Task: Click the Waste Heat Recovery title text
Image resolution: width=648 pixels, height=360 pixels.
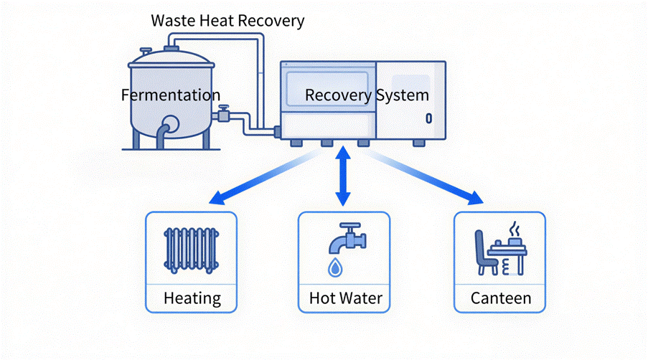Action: coord(227,20)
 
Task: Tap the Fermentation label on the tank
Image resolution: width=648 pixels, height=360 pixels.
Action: coord(171,95)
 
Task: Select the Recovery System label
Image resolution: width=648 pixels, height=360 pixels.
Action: coord(367,95)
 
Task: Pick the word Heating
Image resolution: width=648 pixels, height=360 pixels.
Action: coord(192,298)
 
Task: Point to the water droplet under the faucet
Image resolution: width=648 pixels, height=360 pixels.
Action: coord(335,267)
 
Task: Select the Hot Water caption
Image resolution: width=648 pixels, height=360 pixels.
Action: coord(346,298)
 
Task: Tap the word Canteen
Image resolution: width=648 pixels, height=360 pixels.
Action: coord(501,298)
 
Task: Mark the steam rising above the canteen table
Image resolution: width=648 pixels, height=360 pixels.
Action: coord(514,230)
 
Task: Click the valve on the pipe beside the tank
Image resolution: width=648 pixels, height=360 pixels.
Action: coord(224,113)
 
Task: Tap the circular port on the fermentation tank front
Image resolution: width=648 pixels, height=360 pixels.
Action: coord(172,123)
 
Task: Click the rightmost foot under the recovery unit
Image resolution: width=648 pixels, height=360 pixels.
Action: coord(418,143)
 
